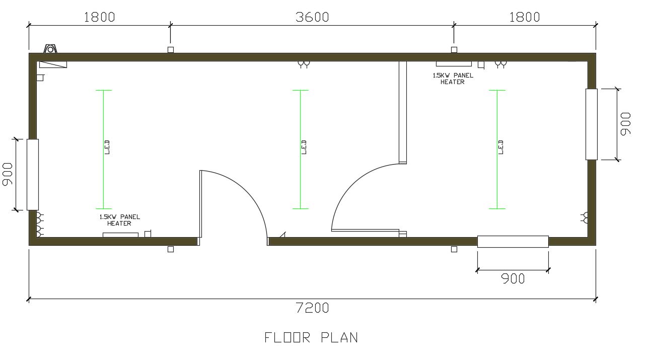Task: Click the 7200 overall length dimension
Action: [x=312, y=308]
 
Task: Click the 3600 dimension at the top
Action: [x=312, y=17]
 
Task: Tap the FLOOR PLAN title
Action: [x=311, y=337]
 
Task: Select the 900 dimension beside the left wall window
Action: [x=7, y=174]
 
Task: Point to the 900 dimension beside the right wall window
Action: [x=625, y=124]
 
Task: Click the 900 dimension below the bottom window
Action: [x=513, y=279]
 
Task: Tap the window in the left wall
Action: [x=33, y=175]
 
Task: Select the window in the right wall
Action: [x=592, y=124]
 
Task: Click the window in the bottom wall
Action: [x=513, y=242]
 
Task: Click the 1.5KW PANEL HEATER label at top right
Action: [x=453, y=79]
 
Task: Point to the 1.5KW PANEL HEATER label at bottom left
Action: [x=120, y=220]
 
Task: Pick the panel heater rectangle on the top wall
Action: [x=454, y=64]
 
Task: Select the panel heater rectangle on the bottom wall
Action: [x=120, y=235]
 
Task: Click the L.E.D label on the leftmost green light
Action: [x=107, y=147]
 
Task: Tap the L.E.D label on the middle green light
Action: [x=304, y=147]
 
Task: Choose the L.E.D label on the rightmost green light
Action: [x=500, y=147]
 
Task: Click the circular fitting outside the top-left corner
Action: [x=50, y=49]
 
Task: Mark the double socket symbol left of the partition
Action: [x=304, y=64]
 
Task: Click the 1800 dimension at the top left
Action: [x=100, y=17]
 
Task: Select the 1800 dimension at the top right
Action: [x=525, y=17]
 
